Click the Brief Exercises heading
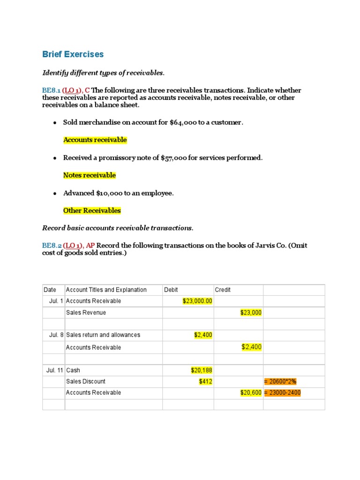pyautogui.click(x=73, y=54)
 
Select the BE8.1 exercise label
pyautogui.click(x=52, y=90)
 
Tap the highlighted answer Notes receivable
pyautogui.click(x=89, y=175)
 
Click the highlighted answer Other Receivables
pyautogui.click(x=92, y=210)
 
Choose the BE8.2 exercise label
pyautogui.click(x=52, y=246)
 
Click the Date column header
pyautogui.click(x=50, y=290)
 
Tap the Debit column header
pyautogui.click(x=171, y=290)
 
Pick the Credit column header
pyautogui.click(x=223, y=290)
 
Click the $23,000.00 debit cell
pyautogui.click(x=197, y=301)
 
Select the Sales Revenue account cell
pyautogui.click(x=86, y=313)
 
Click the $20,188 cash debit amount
pyautogui.click(x=202, y=370)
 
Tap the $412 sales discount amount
pyautogui.click(x=205, y=382)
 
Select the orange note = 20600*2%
pyautogui.click(x=280, y=382)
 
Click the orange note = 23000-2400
pyautogui.click(x=282, y=393)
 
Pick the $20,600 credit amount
pyautogui.click(x=250, y=393)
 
